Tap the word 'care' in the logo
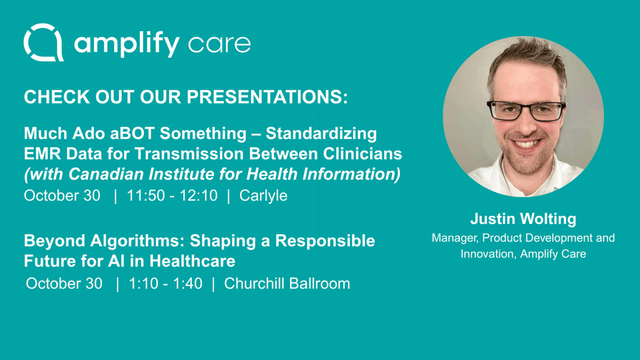219,44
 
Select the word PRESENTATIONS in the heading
268,97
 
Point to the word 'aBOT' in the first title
132,134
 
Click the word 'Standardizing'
321,134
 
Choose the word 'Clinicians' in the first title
362,154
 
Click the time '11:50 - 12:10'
172,196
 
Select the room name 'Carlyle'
264,196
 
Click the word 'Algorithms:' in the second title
138,241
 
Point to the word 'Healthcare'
192,261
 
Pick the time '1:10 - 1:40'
166,284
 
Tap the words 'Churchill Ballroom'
287,284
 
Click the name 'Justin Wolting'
523,219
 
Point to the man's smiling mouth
528,143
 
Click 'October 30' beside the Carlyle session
62,196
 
